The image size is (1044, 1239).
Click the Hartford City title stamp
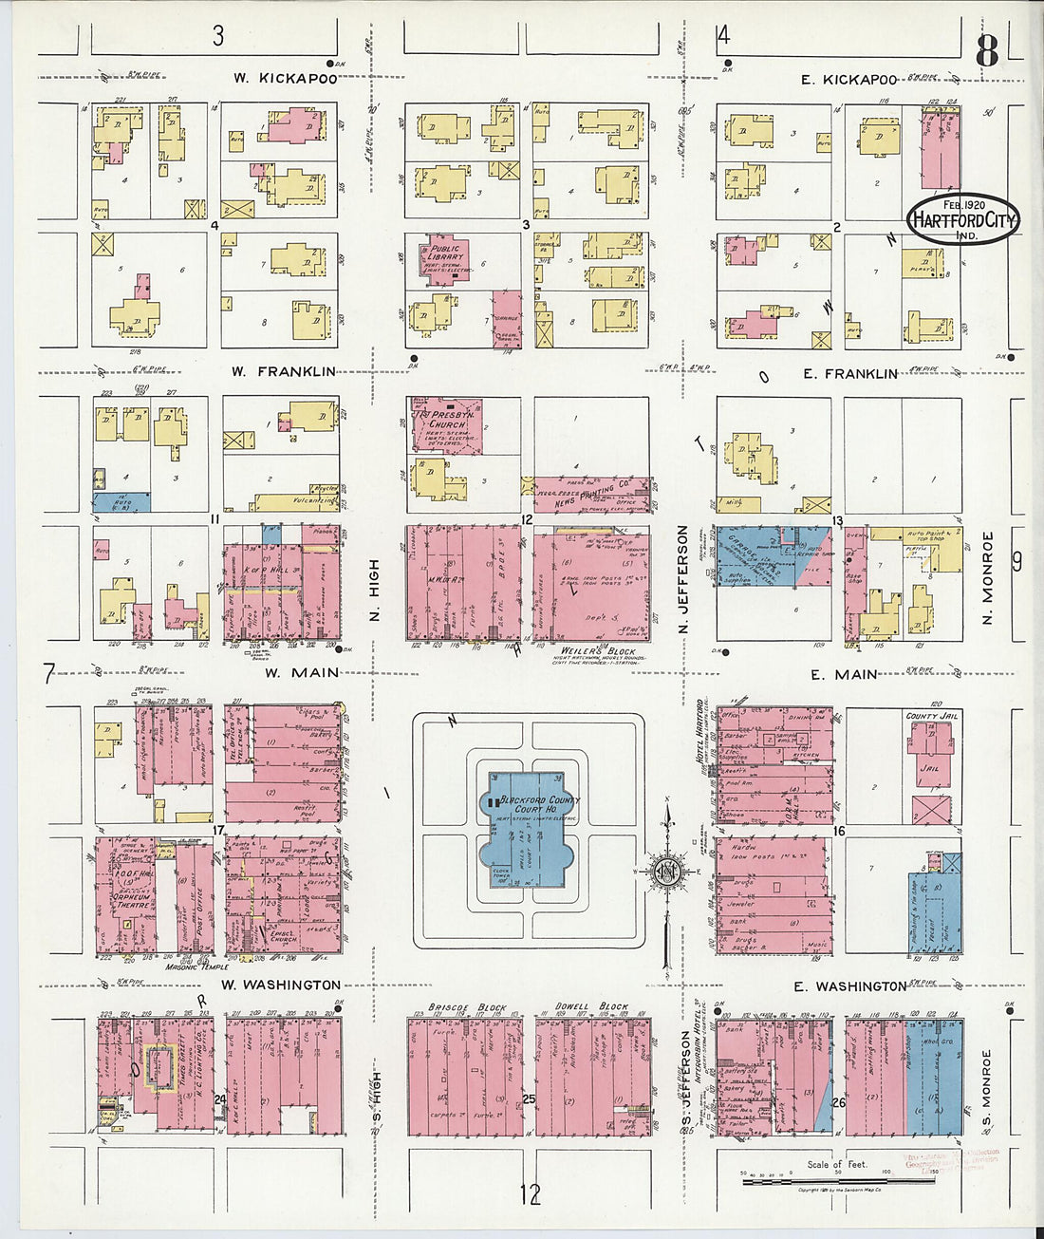click(x=962, y=219)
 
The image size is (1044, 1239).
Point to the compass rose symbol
click(x=667, y=869)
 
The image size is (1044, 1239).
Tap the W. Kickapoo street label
click(x=285, y=78)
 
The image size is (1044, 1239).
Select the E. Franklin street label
click(x=849, y=374)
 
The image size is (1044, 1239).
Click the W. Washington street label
click(x=280, y=985)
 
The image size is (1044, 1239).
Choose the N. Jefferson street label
click(x=682, y=580)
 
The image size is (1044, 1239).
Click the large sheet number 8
click(x=987, y=52)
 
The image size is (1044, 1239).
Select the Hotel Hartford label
click(x=700, y=732)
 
